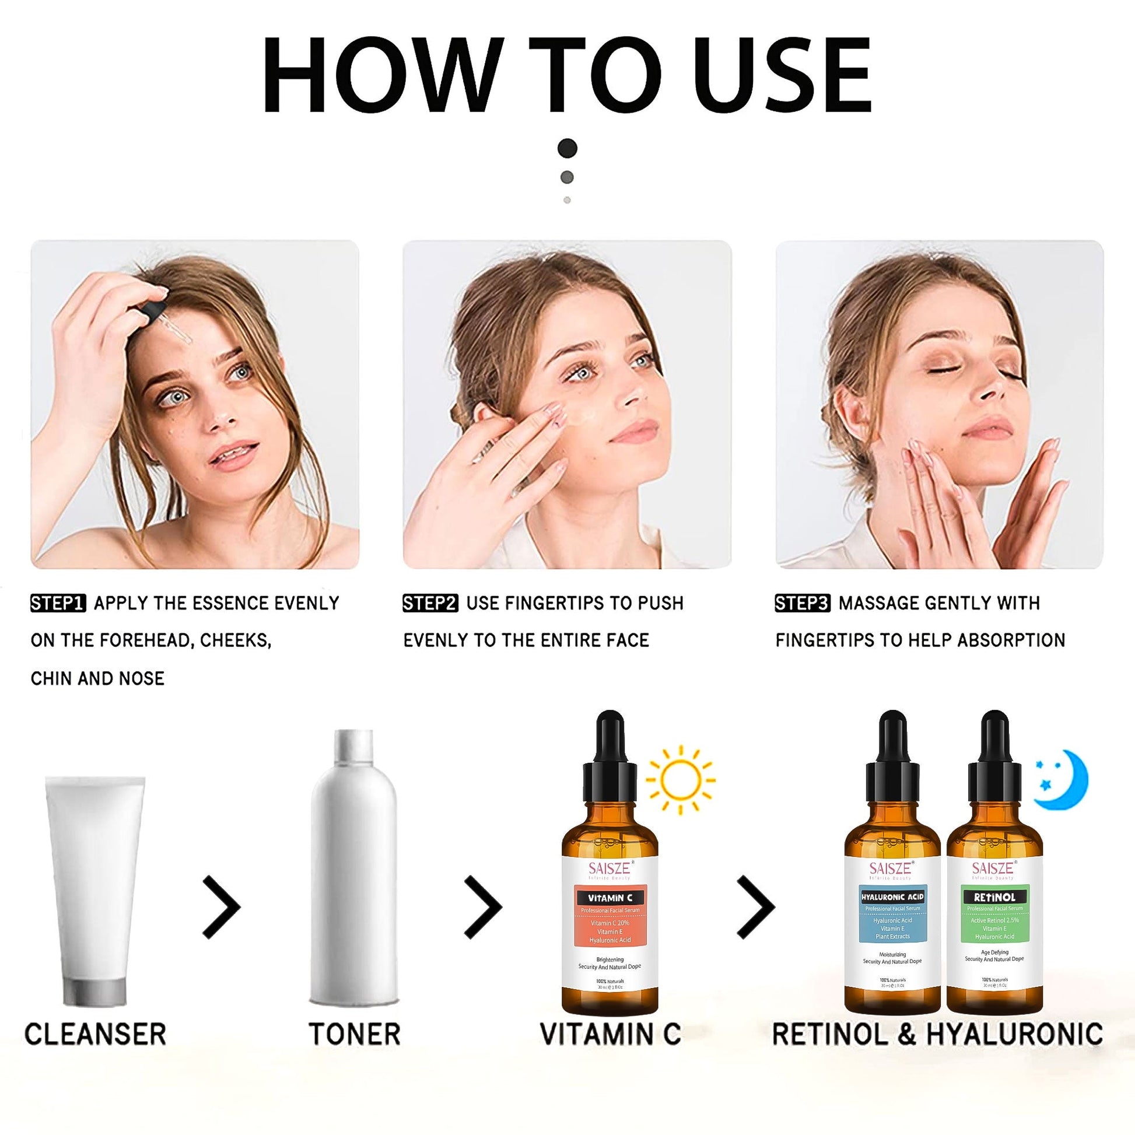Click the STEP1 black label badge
click(58, 603)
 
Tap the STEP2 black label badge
click(430, 603)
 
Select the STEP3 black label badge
click(803, 603)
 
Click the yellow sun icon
click(680, 780)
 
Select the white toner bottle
click(354, 870)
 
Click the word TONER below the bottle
click(354, 1050)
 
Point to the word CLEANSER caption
click(95, 1050)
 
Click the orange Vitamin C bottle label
click(610, 923)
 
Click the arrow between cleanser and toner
click(222, 906)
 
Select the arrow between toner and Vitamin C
click(483, 906)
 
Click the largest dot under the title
click(567, 148)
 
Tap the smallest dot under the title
click(567, 200)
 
